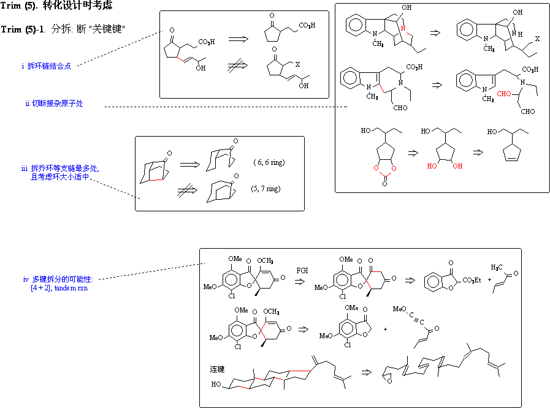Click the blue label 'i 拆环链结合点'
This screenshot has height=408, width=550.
46,66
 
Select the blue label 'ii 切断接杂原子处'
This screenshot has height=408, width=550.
54,104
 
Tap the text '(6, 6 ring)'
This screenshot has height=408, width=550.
269,162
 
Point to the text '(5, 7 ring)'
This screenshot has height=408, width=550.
266,189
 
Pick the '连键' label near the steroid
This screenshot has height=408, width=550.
217,369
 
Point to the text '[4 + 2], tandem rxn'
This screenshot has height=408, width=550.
59,288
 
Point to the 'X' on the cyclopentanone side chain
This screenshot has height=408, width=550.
297,64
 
